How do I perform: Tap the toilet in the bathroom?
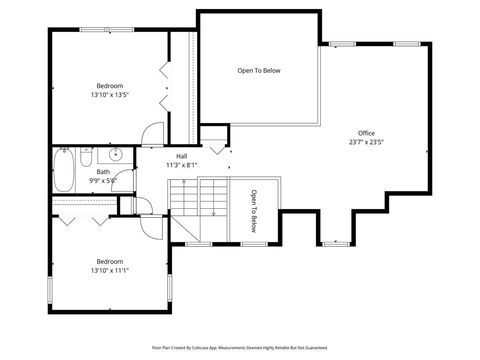point(86,157)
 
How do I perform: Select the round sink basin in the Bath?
point(115,155)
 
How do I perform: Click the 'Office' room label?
point(367,133)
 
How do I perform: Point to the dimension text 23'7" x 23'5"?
point(367,142)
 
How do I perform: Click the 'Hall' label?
point(181,156)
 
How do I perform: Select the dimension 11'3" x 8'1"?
point(181,165)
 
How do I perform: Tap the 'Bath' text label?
point(103,172)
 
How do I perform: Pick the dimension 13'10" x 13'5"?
point(110,95)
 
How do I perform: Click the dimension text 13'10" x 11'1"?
point(109,269)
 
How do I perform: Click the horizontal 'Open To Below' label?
point(258,71)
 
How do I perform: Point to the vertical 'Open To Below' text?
point(254,211)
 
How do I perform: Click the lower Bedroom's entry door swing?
point(150,223)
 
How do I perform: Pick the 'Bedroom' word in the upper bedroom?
point(110,86)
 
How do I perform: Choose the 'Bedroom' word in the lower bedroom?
point(109,260)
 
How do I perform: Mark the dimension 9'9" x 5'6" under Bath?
point(103,181)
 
